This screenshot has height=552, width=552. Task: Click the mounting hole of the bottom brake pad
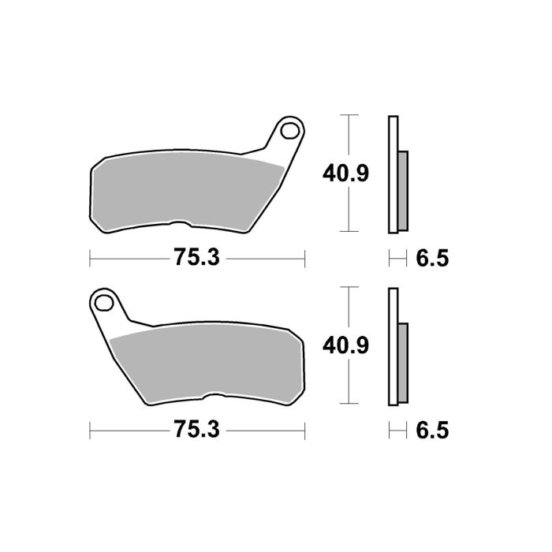tap(103, 300)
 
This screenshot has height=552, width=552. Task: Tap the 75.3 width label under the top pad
tap(195, 257)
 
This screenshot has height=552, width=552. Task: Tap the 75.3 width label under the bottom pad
tap(195, 430)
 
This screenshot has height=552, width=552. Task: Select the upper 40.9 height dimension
tap(343, 172)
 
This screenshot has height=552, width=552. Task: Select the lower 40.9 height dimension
tap(343, 345)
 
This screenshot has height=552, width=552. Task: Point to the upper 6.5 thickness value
tap(431, 257)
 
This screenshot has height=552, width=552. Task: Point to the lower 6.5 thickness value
tap(431, 430)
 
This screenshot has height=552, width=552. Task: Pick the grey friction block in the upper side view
tap(403, 190)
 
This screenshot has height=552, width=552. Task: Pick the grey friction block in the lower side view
tap(403, 363)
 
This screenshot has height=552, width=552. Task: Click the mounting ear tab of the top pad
tap(282, 142)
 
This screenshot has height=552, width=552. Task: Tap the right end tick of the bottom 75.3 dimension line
tap(304, 430)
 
